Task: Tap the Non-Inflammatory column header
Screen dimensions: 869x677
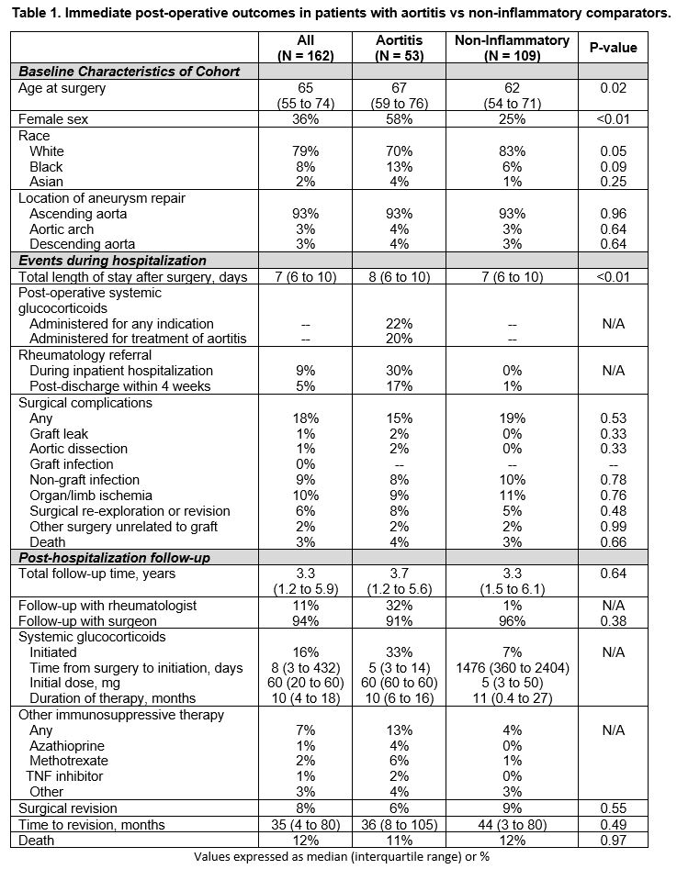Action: point(524,48)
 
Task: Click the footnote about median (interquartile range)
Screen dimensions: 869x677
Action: point(338,857)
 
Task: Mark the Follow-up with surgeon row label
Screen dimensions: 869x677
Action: point(98,620)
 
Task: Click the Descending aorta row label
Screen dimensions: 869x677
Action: point(82,244)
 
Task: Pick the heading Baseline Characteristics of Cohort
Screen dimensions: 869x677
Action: point(130,71)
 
